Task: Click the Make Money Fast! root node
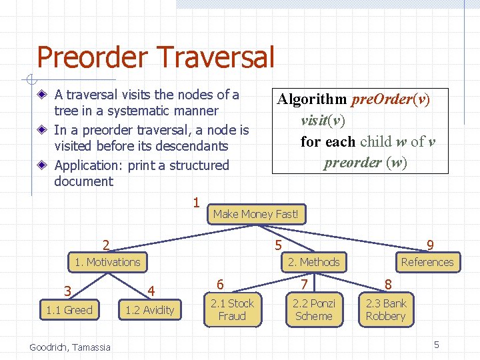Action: [x=257, y=214]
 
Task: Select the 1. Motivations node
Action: [x=107, y=262]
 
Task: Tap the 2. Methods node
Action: [x=313, y=262]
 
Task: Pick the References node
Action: [x=427, y=262]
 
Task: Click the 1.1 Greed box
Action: [x=69, y=310]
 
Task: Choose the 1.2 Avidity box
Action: [x=149, y=310]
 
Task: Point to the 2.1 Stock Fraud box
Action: [x=232, y=309]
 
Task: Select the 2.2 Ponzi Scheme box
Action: [x=313, y=309]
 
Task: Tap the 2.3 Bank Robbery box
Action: [x=385, y=309]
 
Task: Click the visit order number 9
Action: [x=431, y=246]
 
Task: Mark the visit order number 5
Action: [x=278, y=246]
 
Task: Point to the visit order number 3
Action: [x=67, y=291]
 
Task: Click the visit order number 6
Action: [x=220, y=284]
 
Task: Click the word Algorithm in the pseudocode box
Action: [x=312, y=99]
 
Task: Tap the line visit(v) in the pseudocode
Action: [x=323, y=121]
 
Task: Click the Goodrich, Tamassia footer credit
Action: [x=70, y=347]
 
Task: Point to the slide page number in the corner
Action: [x=436, y=345]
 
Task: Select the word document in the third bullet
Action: [x=84, y=181]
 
